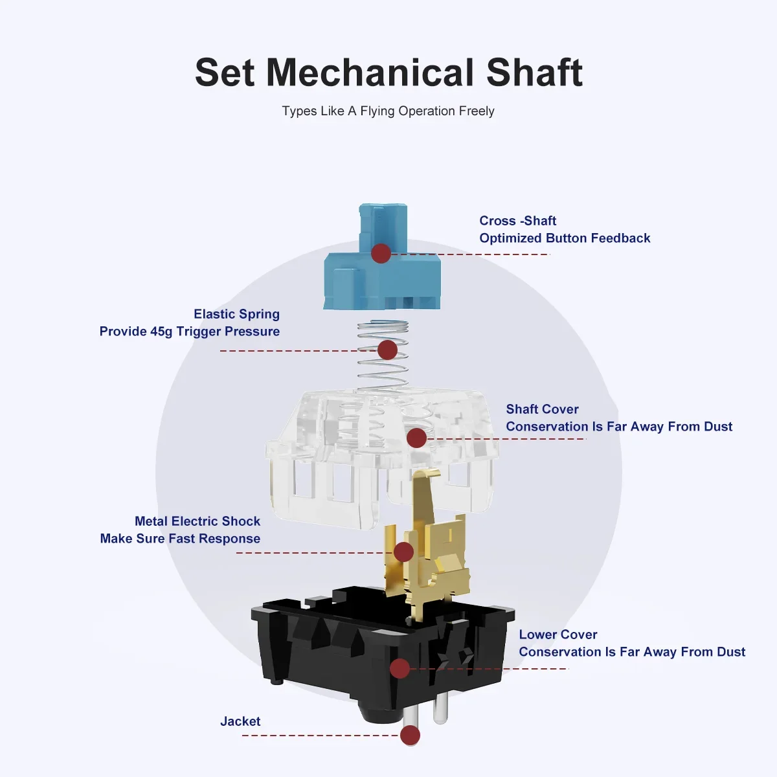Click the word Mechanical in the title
[370, 73]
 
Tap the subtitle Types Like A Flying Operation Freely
[388, 111]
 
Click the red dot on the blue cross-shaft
[381, 254]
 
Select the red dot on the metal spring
[387, 350]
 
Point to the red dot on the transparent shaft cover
[417, 438]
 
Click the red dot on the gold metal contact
[403, 552]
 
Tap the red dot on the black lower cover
[400, 668]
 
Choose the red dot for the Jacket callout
[411, 736]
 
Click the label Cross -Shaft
[518, 221]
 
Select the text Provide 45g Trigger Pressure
[190, 332]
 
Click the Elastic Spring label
[237, 314]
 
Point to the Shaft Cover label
[543, 409]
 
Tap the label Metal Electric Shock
[197, 521]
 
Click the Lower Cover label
[558, 635]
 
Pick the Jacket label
[240, 721]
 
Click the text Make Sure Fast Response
[180, 538]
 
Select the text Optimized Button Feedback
[565, 238]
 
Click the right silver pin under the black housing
[440, 710]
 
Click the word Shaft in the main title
[534, 73]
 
